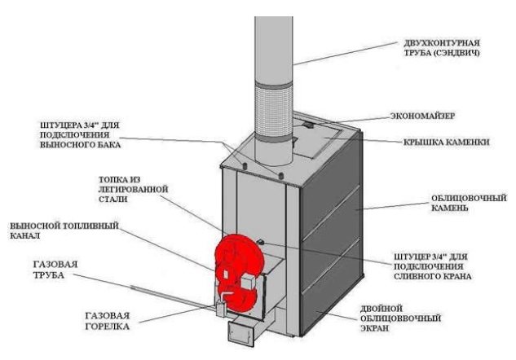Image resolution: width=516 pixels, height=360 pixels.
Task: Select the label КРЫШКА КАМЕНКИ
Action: [446, 140]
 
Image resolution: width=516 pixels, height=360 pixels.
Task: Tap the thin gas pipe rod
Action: [163, 296]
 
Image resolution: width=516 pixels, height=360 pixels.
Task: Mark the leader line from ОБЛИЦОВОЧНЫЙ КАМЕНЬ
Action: [391, 204]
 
